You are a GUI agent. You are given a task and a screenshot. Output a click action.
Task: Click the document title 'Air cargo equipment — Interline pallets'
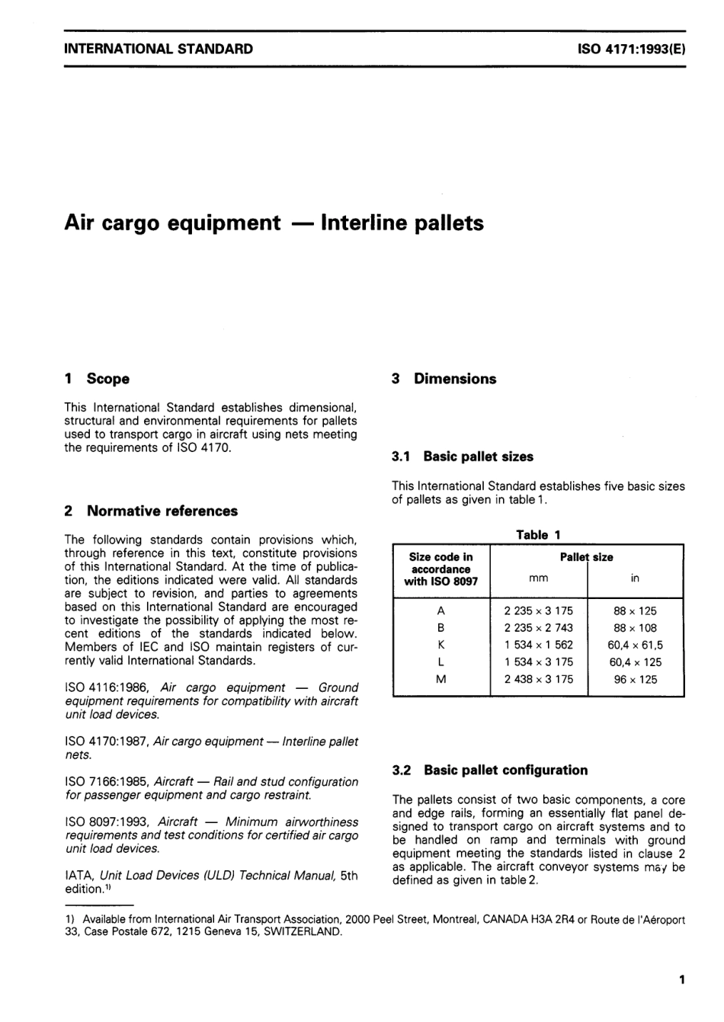click(x=274, y=223)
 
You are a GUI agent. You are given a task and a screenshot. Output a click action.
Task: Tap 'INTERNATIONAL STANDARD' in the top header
click(x=159, y=50)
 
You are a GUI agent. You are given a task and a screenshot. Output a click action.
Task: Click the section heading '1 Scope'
click(x=98, y=379)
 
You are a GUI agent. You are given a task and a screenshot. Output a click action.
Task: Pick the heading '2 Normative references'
click(x=151, y=511)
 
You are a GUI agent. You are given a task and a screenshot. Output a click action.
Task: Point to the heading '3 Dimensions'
click(x=444, y=379)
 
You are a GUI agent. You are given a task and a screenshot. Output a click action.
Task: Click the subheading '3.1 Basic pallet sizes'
click(x=463, y=457)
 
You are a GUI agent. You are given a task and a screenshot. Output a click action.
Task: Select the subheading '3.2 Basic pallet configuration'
click(x=489, y=770)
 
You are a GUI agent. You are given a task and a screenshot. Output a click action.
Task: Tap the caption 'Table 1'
click(x=538, y=535)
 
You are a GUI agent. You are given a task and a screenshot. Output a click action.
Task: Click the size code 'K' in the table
click(x=440, y=645)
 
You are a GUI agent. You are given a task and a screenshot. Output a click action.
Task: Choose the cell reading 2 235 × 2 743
click(x=538, y=628)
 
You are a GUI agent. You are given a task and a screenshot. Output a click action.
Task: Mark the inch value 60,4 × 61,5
click(x=635, y=645)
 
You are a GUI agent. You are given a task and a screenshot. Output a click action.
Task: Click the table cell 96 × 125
click(x=635, y=679)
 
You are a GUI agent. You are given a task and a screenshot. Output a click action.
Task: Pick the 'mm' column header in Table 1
click(x=538, y=578)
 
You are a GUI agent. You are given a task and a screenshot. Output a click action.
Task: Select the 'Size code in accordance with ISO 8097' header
click(x=440, y=569)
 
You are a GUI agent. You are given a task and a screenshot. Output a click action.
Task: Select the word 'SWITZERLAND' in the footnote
click(x=303, y=932)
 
